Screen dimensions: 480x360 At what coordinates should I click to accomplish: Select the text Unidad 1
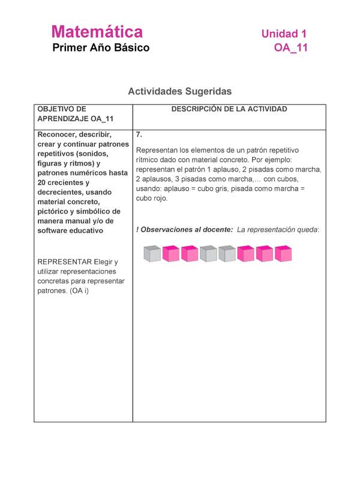(x=284, y=34)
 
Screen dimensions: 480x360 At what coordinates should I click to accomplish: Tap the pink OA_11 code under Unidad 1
(x=290, y=48)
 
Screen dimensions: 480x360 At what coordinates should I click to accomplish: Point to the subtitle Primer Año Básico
(x=101, y=48)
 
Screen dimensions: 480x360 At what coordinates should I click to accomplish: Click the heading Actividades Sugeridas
(x=179, y=91)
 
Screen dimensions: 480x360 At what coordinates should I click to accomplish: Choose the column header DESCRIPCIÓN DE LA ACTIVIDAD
(x=229, y=109)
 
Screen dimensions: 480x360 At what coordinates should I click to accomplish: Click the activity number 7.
(x=139, y=134)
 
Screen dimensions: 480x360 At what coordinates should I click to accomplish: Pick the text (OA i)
(x=74, y=290)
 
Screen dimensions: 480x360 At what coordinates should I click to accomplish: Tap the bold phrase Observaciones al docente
(x=186, y=229)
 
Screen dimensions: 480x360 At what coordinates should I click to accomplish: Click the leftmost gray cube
(x=152, y=254)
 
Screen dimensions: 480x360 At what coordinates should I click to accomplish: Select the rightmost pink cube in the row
(x=283, y=254)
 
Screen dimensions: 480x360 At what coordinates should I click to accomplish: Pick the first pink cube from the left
(x=171, y=254)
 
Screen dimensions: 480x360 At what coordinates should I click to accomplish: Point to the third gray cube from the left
(x=227, y=254)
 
